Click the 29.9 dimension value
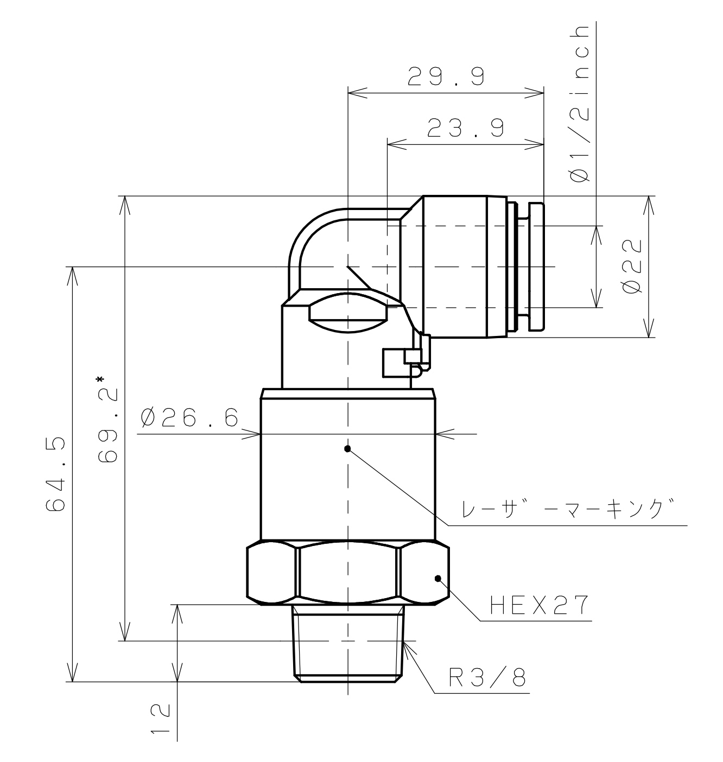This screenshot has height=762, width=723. [446, 76]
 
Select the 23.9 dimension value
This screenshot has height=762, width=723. [466, 128]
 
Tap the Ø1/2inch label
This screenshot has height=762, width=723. [580, 104]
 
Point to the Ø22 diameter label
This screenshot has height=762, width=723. [631, 266]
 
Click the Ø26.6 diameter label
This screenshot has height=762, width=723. [189, 417]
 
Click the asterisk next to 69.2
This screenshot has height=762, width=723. [100, 379]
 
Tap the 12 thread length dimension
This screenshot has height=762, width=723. [160, 718]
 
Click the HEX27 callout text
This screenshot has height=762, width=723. [539, 605]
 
